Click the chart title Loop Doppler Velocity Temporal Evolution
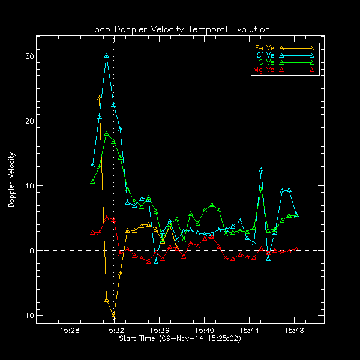[x=180, y=29]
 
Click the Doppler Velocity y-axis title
[x=11, y=180]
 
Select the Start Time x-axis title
[x=180, y=339]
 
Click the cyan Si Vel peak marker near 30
[x=107, y=56]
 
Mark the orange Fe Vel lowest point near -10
[x=113, y=316]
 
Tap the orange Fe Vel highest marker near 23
[x=100, y=98]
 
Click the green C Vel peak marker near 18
[x=107, y=134]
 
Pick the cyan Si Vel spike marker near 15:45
[x=261, y=170]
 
